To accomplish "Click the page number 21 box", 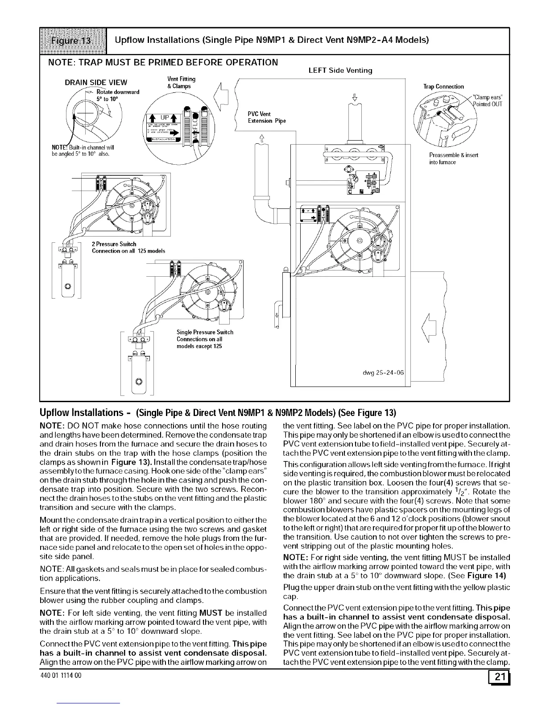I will tap(499, 678).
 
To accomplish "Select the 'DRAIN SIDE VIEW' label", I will tap(96, 82).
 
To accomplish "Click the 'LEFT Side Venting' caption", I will tap(340, 71).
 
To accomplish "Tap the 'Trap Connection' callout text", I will tap(443, 87).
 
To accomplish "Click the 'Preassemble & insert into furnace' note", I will tap(453, 158).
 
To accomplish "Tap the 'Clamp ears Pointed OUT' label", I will tap(488, 101).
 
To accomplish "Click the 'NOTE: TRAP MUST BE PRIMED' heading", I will tap(162, 62).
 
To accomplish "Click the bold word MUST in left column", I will tap(209, 613).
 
